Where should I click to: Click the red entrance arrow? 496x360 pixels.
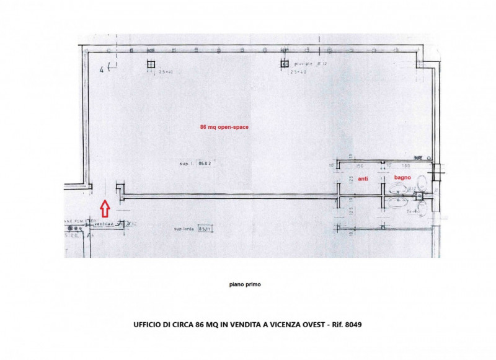point(105,208)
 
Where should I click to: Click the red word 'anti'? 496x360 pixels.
point(364,178)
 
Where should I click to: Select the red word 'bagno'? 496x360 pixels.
point(402,178)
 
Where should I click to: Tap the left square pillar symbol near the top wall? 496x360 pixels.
point(150,64)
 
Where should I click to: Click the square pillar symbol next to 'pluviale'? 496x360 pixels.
point(285,64)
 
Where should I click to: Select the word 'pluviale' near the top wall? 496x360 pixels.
point(303,64)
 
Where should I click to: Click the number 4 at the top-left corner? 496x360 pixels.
point(102,69)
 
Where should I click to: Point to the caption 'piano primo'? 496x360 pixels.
point(245,284)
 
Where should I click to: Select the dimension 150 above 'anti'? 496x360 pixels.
point(358,166)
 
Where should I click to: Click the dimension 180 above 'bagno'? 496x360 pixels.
point(406,166)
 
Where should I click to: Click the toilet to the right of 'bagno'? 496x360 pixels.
point(422,183)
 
